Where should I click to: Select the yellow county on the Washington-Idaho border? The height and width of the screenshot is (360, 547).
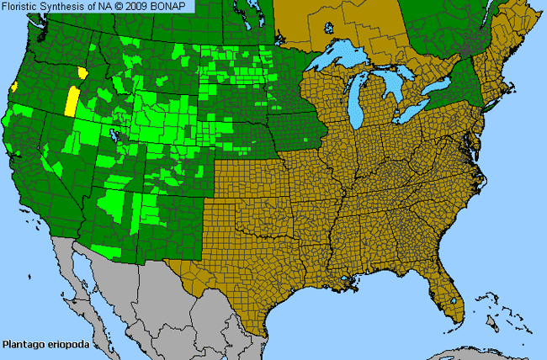82,72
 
